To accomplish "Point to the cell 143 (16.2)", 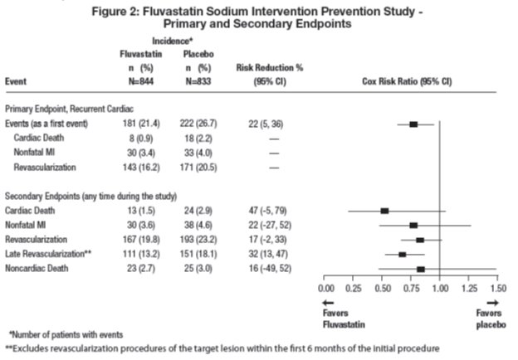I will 137,167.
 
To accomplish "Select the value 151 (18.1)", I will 199,254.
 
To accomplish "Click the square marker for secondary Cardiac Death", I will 384,211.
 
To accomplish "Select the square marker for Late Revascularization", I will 403,254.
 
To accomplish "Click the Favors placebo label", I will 488,319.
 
